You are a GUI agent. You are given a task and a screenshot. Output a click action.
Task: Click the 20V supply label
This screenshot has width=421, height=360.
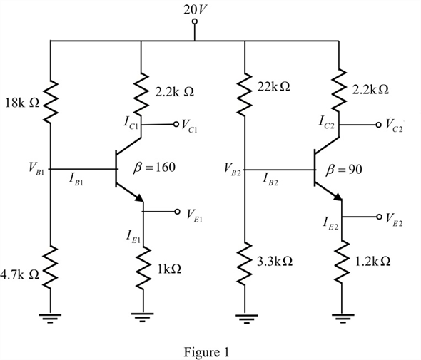point(196,10)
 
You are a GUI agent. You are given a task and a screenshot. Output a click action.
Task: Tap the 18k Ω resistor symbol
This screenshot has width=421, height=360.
point(50,102)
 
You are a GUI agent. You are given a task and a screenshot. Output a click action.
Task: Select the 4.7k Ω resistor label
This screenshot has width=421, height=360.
point(19,274)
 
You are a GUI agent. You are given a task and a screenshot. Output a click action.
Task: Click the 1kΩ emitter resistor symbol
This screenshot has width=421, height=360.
point(143,268)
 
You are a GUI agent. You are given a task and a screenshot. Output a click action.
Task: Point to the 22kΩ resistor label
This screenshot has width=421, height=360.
point(273,87)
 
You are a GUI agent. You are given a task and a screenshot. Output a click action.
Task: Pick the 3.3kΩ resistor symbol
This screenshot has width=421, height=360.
point(245,263)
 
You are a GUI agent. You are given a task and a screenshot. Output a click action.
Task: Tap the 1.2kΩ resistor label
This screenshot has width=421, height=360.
point(372,261)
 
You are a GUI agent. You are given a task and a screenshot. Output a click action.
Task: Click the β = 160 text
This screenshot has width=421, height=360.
point(154,168)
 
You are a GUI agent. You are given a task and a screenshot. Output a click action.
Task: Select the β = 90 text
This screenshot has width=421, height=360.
point(344,170)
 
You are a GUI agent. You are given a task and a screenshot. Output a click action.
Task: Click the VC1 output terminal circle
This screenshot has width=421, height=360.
point(176,124)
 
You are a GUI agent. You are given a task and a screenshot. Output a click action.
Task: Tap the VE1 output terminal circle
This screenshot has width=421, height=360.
point(177,212)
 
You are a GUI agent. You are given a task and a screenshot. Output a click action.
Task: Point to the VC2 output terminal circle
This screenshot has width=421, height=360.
point(379,125)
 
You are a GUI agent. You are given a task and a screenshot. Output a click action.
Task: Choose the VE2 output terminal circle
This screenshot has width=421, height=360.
point(379,217)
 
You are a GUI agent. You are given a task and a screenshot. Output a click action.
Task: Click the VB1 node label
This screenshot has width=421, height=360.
point(36,168)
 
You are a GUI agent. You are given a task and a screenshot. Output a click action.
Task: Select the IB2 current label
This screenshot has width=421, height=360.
point(270,179)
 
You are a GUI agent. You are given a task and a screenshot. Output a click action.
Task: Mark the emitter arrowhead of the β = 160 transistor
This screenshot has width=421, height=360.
point(140,198)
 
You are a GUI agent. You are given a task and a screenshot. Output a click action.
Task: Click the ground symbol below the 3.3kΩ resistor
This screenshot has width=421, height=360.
point(246,319)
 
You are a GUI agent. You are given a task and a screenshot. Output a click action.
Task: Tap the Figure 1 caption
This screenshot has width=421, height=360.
point(206,351)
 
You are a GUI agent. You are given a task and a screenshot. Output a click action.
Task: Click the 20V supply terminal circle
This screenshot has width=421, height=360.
point(195,21)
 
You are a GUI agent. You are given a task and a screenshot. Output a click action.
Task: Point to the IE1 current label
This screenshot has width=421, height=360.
point(133,237)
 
